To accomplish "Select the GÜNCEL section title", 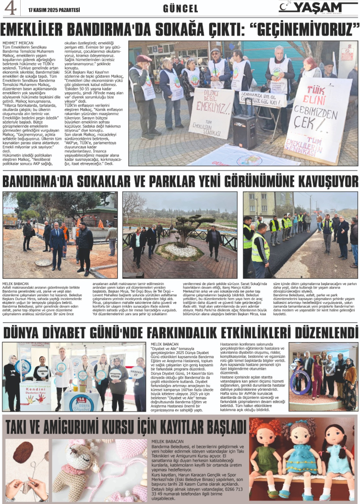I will (x=180, y=9).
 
